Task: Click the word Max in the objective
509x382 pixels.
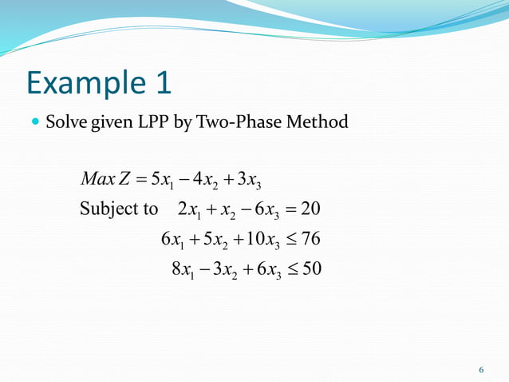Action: (x=98, y=177)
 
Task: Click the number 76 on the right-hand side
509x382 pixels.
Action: (x=311, y=239)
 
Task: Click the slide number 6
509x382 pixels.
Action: (x=481, y=369)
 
